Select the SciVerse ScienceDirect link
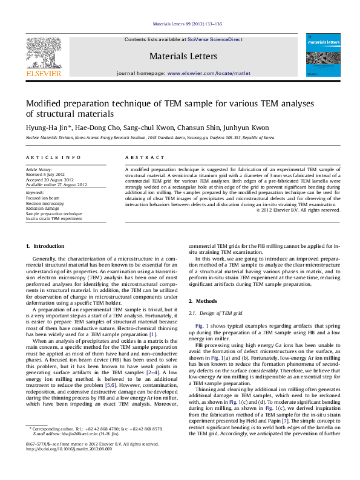215,39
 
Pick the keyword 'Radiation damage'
42,209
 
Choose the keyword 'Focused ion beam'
41,198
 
